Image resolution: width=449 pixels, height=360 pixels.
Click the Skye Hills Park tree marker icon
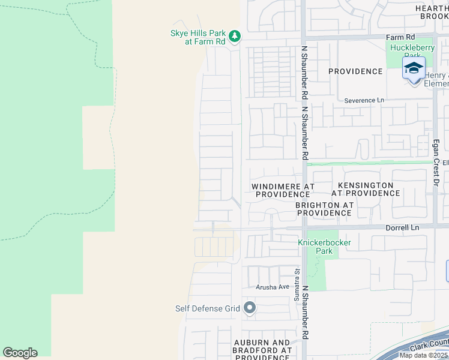click(x=234, y=37)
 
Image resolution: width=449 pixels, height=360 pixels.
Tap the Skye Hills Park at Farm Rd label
click(x=197, y=37)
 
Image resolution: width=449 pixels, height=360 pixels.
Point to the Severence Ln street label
click(x=364, y=100)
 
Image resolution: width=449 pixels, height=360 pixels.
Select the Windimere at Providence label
click(x=282, y=190)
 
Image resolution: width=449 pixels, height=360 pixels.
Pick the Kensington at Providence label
click(x=365, y=189)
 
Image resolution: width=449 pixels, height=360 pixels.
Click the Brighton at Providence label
click(x=324, y=209)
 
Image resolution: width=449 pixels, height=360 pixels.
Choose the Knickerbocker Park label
click(x=324, y=247)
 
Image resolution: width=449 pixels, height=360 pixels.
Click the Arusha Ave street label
click(x=273, y=287)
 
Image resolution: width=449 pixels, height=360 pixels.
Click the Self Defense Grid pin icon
click(x=250, y=308)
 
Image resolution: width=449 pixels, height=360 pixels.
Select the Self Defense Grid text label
click(x=207, y=309)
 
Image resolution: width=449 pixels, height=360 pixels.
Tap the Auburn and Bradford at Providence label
click(x=262, y=350)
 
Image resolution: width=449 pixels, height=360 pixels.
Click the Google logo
click(x=20, y=353)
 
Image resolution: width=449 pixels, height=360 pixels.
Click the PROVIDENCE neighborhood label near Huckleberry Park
click(x=355, y=71)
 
